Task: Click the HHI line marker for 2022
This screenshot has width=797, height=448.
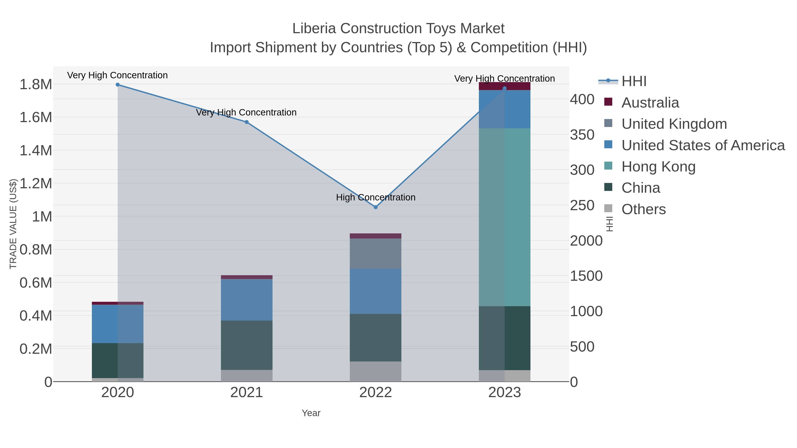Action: pos(376,207)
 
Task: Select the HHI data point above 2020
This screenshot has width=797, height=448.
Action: pos(118,85)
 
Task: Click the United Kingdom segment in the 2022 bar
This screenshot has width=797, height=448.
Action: pos(376,253)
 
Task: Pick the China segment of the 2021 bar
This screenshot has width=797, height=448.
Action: pos(247,345)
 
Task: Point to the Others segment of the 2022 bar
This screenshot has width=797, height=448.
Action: pos(376,371)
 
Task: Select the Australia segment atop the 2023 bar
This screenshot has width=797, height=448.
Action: pos(505,86)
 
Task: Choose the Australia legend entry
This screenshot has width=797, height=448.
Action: pos(650,103)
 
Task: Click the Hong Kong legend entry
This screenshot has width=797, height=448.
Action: pos(658,167)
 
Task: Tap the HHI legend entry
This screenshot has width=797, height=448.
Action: pos(634,81)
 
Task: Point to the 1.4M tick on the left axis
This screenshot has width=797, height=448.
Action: pos(36,151)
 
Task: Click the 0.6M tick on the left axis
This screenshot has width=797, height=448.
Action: pos(36,283)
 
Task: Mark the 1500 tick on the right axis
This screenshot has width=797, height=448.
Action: pos(586,276)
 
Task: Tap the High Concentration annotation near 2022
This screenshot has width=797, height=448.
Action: pos(376,197)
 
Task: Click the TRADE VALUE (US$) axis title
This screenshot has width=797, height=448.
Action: pos(13,224)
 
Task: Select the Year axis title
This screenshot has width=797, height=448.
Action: pos(311,413)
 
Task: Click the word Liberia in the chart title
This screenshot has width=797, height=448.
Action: pos(314,29)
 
